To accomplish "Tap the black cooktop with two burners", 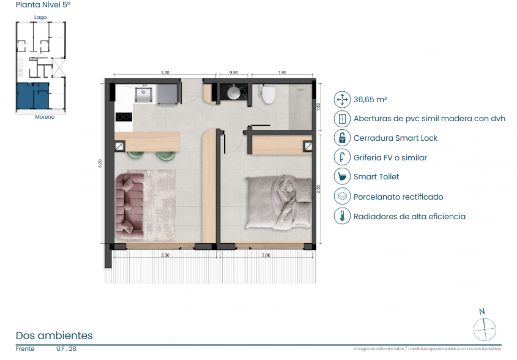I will pos(124,117).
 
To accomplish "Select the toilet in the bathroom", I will pos(269,94).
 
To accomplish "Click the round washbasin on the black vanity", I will pos(233,92).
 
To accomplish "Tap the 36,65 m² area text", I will pos(370,100).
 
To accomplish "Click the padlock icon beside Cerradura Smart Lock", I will pos(342,138).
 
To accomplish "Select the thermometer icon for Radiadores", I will pos(342,216).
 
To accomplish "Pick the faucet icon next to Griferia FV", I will pos(342,157).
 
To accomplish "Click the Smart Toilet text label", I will pos(376,177).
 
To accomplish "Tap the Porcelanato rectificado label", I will pos(398,197).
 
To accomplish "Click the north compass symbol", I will pos(484,329).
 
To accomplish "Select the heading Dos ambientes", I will pos(54,335).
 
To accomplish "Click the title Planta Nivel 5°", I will pos(43,5).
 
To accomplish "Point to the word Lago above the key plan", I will pos(40,17).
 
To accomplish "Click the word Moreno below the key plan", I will pos(45,117).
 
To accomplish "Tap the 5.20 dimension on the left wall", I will pos(100,163).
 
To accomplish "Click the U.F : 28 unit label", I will pos(66,349).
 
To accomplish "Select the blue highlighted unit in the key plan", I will pos(33,95).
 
